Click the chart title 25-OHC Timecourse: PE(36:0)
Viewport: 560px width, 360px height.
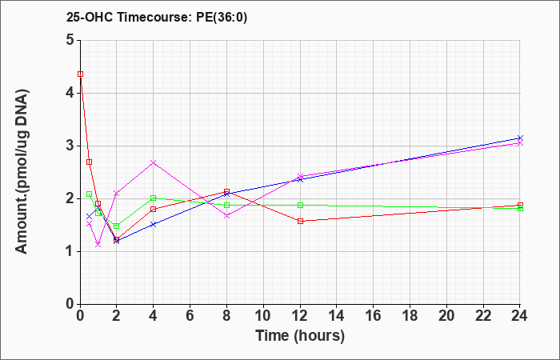tap(157, 18)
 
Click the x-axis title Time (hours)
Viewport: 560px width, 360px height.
tap(300, 336)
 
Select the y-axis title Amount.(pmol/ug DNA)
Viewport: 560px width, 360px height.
tap(22, 172)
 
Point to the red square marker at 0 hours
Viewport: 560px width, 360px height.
tap(80, 74)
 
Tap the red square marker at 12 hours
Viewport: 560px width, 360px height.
tap(300, 221)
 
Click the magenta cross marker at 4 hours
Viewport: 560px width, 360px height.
tap(154, 162)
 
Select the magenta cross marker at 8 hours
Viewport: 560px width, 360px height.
tap(226, 215)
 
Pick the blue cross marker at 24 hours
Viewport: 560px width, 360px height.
tap(520, 138)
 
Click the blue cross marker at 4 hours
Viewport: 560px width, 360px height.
tap(154, 224)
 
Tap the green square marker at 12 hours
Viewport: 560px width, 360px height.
tap(300, 205)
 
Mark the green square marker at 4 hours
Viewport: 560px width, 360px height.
tap(154, 198)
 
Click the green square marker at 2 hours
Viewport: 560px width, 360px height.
tap(117, 226)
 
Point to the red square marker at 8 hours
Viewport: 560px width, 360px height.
tap(226, 191)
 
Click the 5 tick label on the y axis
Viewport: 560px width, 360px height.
tap(70, 40)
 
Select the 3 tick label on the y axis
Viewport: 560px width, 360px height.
tap(70, 146)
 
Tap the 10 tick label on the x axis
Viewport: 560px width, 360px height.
tap(263, 316)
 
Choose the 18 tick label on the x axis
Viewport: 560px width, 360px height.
tap(410, 316)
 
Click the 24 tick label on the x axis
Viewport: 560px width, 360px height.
tap(520, 316)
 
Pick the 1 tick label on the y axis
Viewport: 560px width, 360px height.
tap(70, 251)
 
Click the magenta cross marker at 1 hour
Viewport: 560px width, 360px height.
tap(98, 244)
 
